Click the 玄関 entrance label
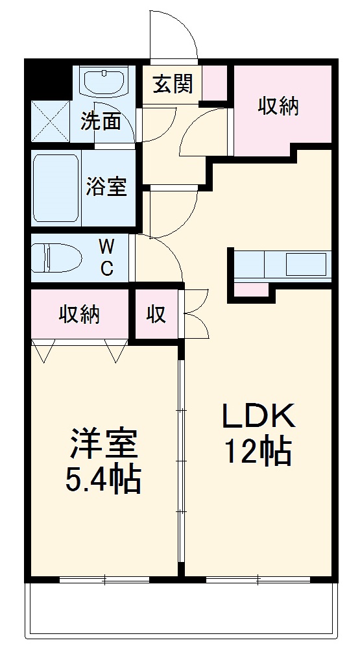click(x=173, y=84)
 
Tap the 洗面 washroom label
click(x=101, y=121)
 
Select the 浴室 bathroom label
click(x=106, y=187)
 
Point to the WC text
click(x=106, y=257)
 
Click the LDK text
click(x=259, y=416)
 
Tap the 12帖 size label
click(x=258, y=452)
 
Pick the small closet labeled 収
click(x=156, y=315)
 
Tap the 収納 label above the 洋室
click(x=80, y=315)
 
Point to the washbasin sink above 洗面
click(x=104, y=82)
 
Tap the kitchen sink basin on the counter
click(x=306, y=265)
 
